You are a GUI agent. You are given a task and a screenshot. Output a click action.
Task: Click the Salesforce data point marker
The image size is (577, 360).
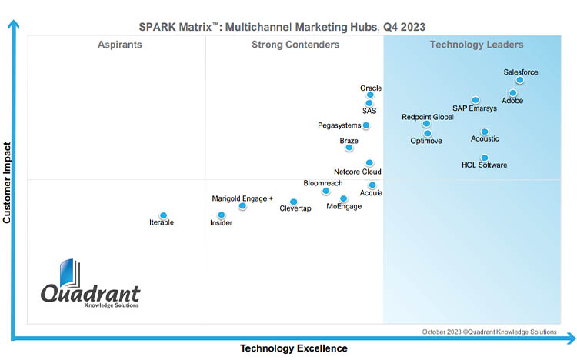(520, 80)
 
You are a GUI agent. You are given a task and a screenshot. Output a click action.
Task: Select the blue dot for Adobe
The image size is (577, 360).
(513, 93)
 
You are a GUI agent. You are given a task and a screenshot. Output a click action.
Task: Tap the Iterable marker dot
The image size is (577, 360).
(163, 215)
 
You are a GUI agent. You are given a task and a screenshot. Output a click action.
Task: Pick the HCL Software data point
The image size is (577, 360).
(485, 158)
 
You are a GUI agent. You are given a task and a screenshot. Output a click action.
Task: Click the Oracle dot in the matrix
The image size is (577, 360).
(370, 95)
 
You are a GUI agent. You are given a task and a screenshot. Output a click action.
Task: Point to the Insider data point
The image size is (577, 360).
(222, 215)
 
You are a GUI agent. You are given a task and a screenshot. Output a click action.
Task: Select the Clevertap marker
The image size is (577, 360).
(293, 202)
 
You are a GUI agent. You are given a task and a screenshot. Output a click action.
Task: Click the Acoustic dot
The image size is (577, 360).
(485, 132)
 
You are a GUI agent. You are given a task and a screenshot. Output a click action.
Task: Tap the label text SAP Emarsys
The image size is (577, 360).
(475, 108)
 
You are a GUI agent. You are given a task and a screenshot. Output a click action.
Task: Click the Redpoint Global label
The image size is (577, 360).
(428, 117)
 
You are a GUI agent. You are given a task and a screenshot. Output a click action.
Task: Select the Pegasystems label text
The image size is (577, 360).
(339, 125)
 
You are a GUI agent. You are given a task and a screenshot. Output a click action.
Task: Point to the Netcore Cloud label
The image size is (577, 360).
(358, 172)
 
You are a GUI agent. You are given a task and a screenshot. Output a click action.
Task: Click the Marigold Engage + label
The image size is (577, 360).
(242, 198)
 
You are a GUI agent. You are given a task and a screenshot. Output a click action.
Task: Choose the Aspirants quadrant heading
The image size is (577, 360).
(120, 45)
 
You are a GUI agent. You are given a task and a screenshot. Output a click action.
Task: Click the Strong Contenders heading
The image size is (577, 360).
(295, 45)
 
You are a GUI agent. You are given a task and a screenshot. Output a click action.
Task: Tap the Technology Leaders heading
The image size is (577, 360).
(476, 45)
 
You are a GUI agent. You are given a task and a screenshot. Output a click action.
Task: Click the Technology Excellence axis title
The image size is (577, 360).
(293, 348)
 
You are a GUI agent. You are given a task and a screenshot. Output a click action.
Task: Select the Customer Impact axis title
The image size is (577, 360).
(7, 182)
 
